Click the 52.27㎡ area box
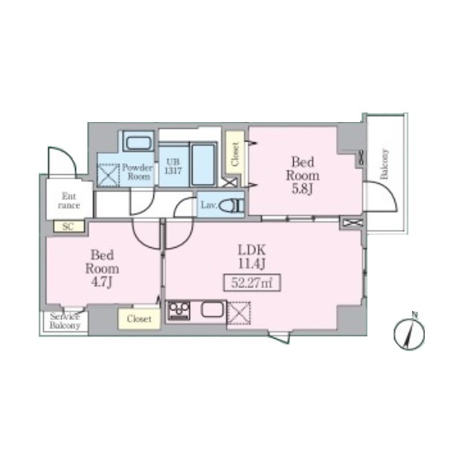tap(252, 282)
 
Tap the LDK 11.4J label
tap(251, 257)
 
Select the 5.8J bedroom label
tap(303, 175)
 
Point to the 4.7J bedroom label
tap(102, 269)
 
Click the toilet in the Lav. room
tap(231, 206)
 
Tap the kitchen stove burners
tap(179, 310)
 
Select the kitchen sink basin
tap(212, 309)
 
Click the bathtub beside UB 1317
tap(203, 164)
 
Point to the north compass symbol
tap(409, 332)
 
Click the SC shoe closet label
tap(68, 226)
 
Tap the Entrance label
tap(69, 201)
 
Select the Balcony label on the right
tap(384, 164)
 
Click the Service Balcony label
tap(65, 321)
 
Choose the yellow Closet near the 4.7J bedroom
tap(139, 319)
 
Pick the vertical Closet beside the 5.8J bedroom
tap(235, 153)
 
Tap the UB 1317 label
tap(173, 166)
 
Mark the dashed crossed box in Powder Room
tap(109, 175)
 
